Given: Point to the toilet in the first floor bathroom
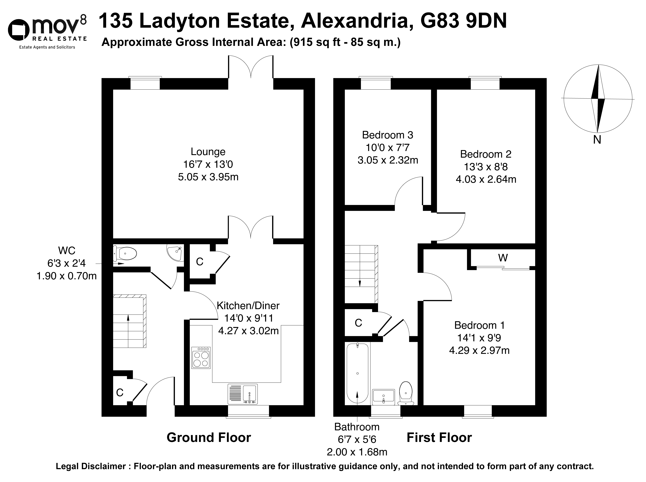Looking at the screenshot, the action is (x=406, y=393).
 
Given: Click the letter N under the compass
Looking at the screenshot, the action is (x=597, y=140).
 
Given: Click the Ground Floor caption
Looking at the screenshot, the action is (x=209, y=438).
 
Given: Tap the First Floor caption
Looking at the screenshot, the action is (x=439, y=438).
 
